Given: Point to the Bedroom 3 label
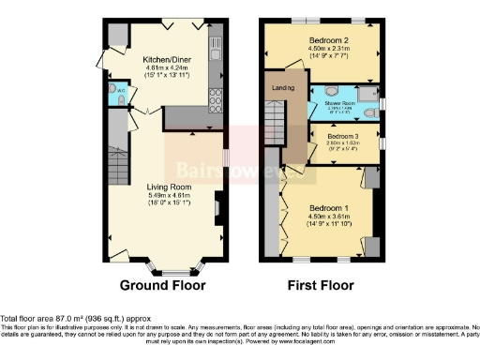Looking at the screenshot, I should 343,137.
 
